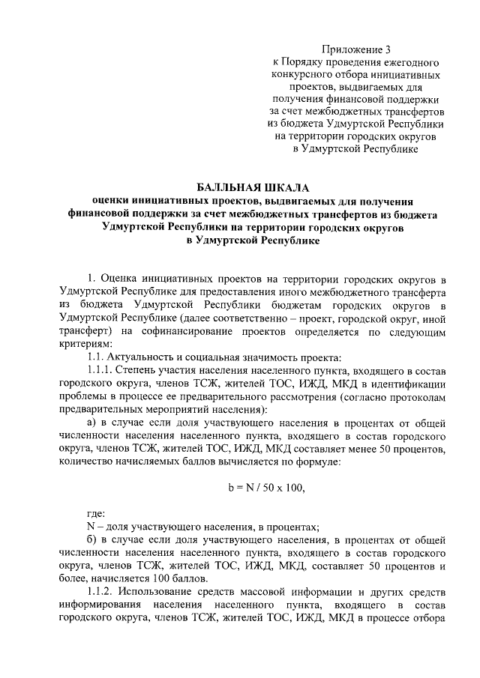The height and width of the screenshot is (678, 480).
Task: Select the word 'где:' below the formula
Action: click(x=96, y=514)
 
